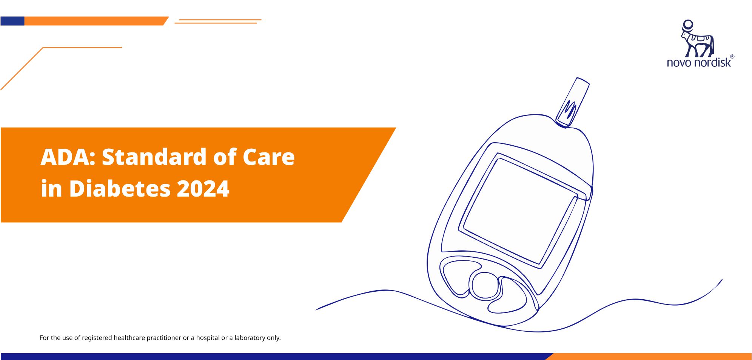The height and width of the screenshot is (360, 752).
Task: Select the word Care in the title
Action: tap(268, 157)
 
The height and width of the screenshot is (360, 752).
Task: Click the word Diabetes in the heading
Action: tap(120, 188)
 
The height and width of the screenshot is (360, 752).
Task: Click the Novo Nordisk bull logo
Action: tap(697, 38)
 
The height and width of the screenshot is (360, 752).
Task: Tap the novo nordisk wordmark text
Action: tap(699, 62)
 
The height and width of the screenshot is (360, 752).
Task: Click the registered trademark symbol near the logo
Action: tap(732, 57)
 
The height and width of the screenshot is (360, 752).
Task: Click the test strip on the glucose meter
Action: tap(573, 102)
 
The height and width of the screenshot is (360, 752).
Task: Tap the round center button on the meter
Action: tap(485, 286)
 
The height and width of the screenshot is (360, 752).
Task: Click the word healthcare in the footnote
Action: tap(129, 338)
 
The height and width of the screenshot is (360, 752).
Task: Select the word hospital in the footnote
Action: tap(208, 338)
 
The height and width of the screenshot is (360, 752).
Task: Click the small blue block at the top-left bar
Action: tap(12, 21)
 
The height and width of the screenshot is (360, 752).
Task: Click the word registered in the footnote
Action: tap(97, 338)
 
